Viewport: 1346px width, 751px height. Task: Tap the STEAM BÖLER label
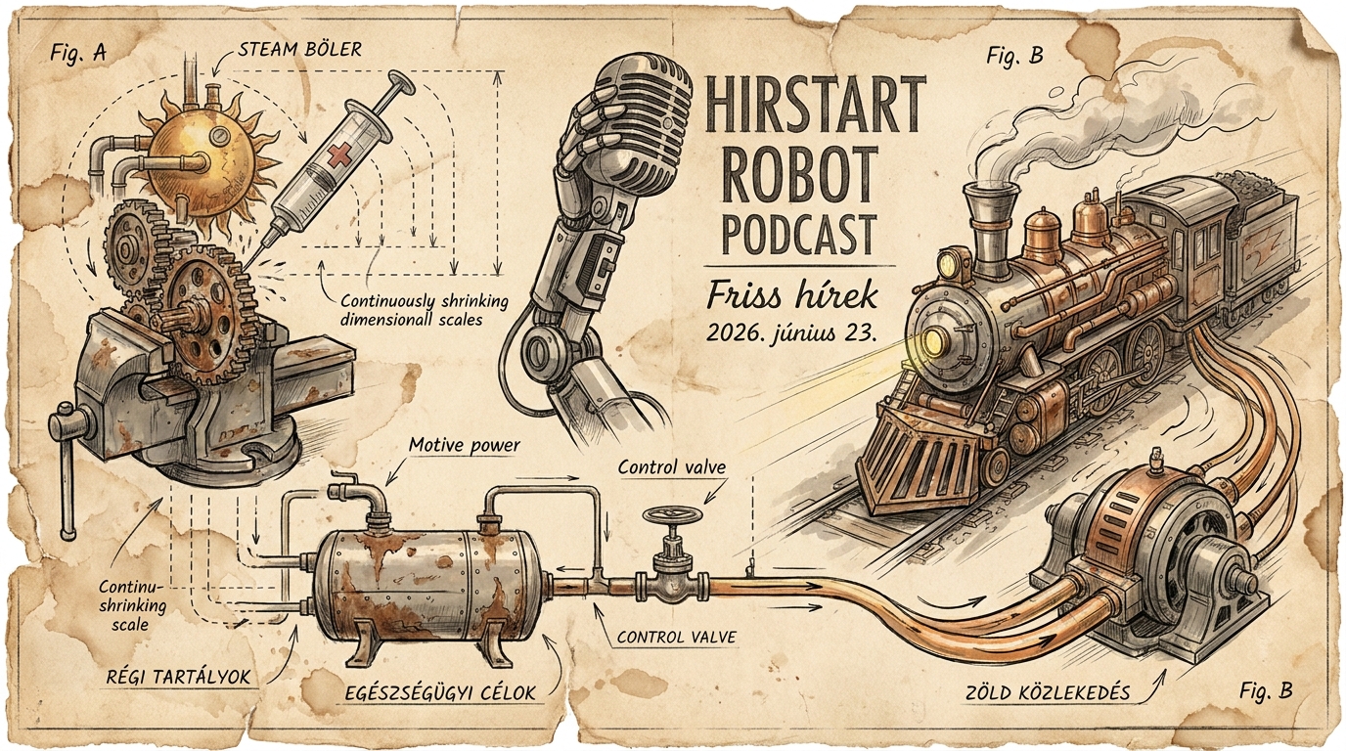[300, 49]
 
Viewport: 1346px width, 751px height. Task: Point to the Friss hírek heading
[792, 297]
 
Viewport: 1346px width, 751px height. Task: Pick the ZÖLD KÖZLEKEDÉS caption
[1047, 693]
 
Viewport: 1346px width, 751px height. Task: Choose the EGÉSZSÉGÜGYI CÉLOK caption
[440, 692]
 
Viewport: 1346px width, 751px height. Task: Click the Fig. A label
[78, 53]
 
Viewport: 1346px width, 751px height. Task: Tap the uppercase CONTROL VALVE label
[677, 638]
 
